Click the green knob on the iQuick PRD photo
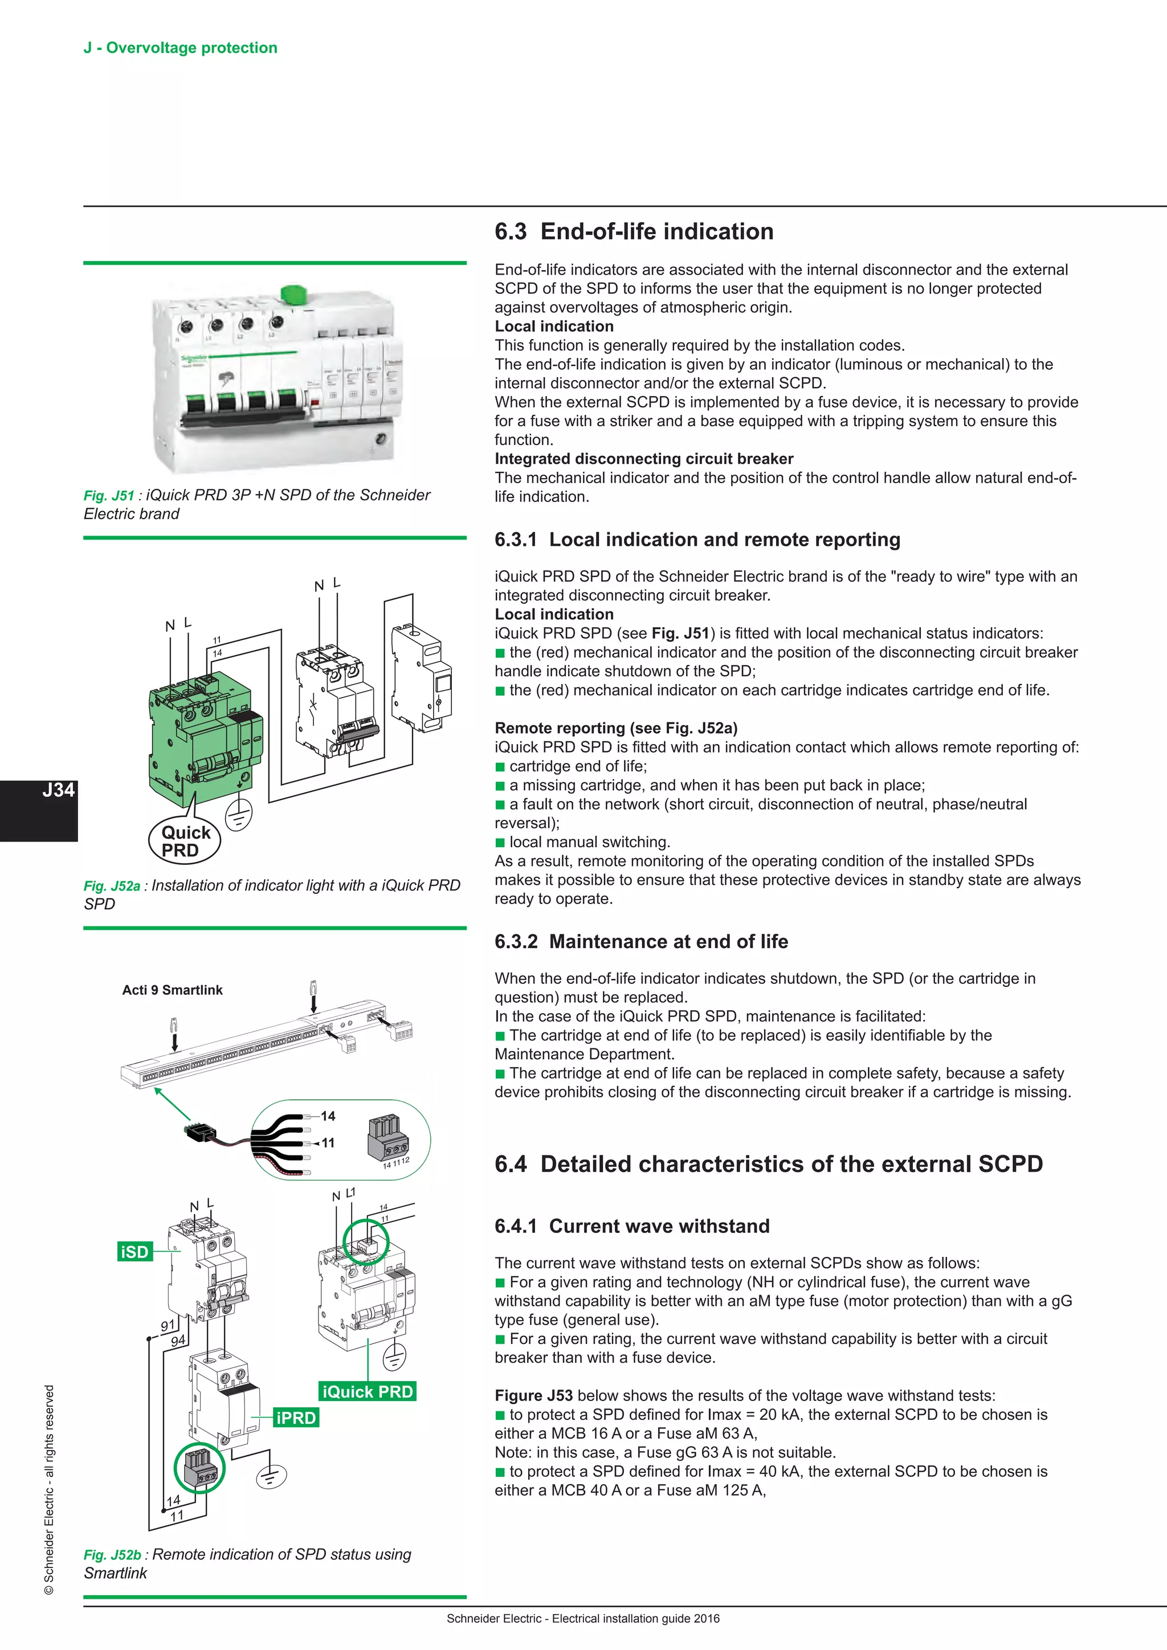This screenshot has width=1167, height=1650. tap(293, 295)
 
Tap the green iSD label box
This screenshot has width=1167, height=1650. tap(134, 1252)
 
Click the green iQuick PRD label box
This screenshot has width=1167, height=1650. tap(367, 1392)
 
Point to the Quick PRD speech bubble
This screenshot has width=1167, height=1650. tap(185, 841)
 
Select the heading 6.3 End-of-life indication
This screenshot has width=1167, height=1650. tap(634, 231)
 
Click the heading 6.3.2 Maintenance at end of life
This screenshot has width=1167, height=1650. tap(641, 941)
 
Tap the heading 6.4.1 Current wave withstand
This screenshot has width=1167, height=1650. tap(631, 1226)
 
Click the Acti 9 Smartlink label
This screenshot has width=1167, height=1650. tap(173, 990)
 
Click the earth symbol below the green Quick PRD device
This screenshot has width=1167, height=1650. tap(239, 815)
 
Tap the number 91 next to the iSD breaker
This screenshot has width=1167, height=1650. tap(168, 1326)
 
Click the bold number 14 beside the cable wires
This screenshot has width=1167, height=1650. tap(328, 1116)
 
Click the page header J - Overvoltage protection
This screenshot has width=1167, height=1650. tap(181, 48)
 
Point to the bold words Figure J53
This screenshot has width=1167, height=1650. tap(533, 1395)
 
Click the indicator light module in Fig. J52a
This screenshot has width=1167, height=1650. tap(422, 679)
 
